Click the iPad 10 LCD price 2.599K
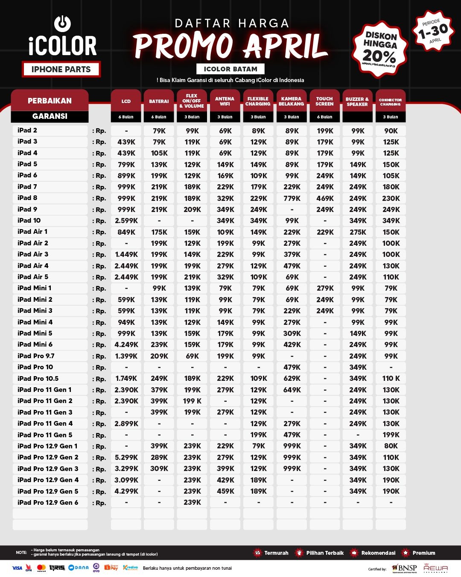(126, 221)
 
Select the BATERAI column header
(159, 101)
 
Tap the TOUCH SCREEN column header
(324, 101)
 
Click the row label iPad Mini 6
(35, 344)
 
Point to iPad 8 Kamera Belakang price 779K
(292, 198)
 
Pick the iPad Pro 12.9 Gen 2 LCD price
(126, 457)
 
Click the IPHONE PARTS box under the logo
(61, 69)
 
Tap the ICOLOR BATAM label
(230, 69)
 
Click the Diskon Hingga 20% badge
(379, 49)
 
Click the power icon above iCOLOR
(63, 24)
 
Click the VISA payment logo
(17, 568)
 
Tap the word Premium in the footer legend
(423, 553)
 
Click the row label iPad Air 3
(33, 254)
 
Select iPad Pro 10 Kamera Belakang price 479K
(292, 367)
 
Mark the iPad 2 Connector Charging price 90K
(391, 131)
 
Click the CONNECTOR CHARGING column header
(391, 102)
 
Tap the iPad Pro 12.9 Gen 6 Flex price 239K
(192, 503)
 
